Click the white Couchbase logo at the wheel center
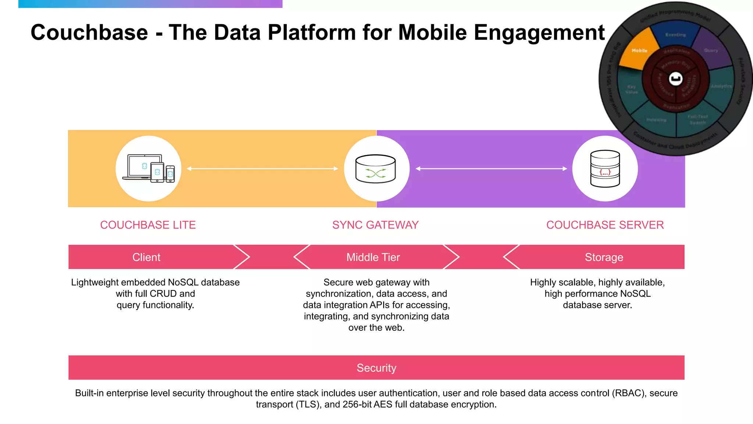click(x=676, y=78)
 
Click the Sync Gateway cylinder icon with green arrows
click(x=375, y=169)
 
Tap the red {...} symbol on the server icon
click(x=605, y=172)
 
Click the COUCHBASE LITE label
click(x=148, y=225)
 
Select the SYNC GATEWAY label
click(x=375, y=225)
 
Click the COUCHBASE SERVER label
click(x=605, y=225)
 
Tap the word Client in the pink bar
click(x=146, y=257)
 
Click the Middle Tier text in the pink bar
click(x=373, y=257)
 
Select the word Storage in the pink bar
click(x=604, y=257)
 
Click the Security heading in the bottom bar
click(x=376, y=368)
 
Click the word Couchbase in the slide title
click(x=89, y=32)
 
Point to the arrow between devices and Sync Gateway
click(x=262, y=169)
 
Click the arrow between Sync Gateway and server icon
click(x=491, y=169)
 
